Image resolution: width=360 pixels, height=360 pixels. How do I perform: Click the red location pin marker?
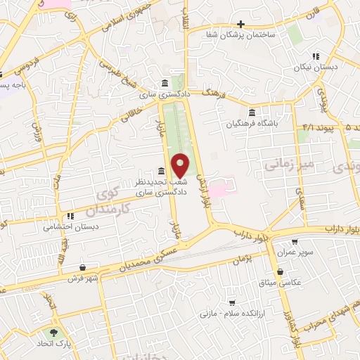tap(181, 165)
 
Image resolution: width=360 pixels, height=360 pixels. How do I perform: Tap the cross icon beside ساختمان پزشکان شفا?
tap(240, 23)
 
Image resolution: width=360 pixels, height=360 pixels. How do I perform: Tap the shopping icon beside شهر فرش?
tap(84, 267)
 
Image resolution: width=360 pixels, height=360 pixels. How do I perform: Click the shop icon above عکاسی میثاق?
tap(281, 271)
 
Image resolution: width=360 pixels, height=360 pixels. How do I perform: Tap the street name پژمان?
tap(240, 260)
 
